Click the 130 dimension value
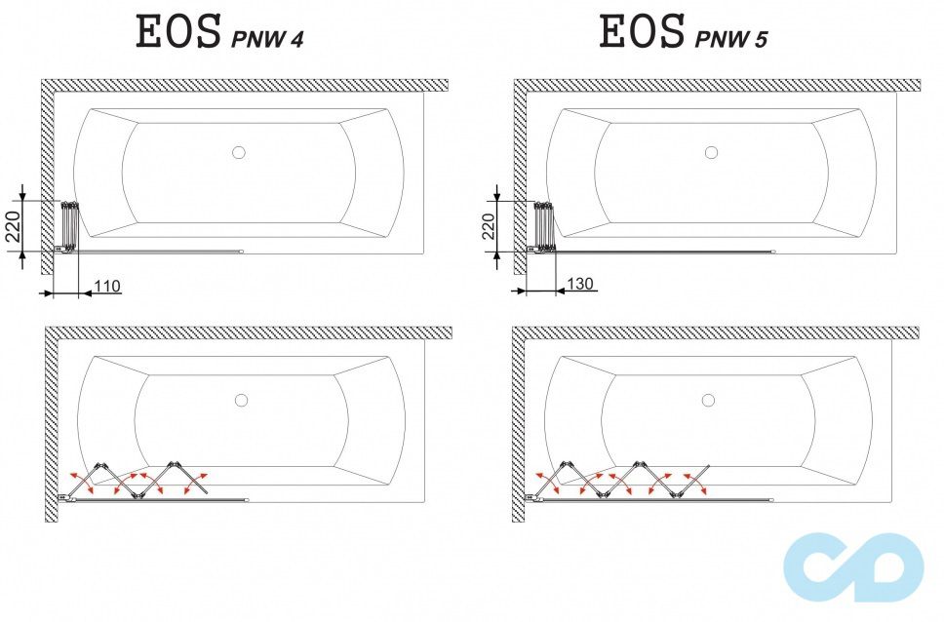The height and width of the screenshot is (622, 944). [580, 284]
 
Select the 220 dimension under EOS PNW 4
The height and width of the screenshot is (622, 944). [12, 225]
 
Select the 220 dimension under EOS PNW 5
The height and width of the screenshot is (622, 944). [488, 225]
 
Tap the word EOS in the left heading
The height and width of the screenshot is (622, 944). [178, 32]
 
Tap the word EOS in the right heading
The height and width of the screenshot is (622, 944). [642, 32]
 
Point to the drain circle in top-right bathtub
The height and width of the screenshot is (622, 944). [711, 152]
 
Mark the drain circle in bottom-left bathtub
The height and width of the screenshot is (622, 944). [241, 400]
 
